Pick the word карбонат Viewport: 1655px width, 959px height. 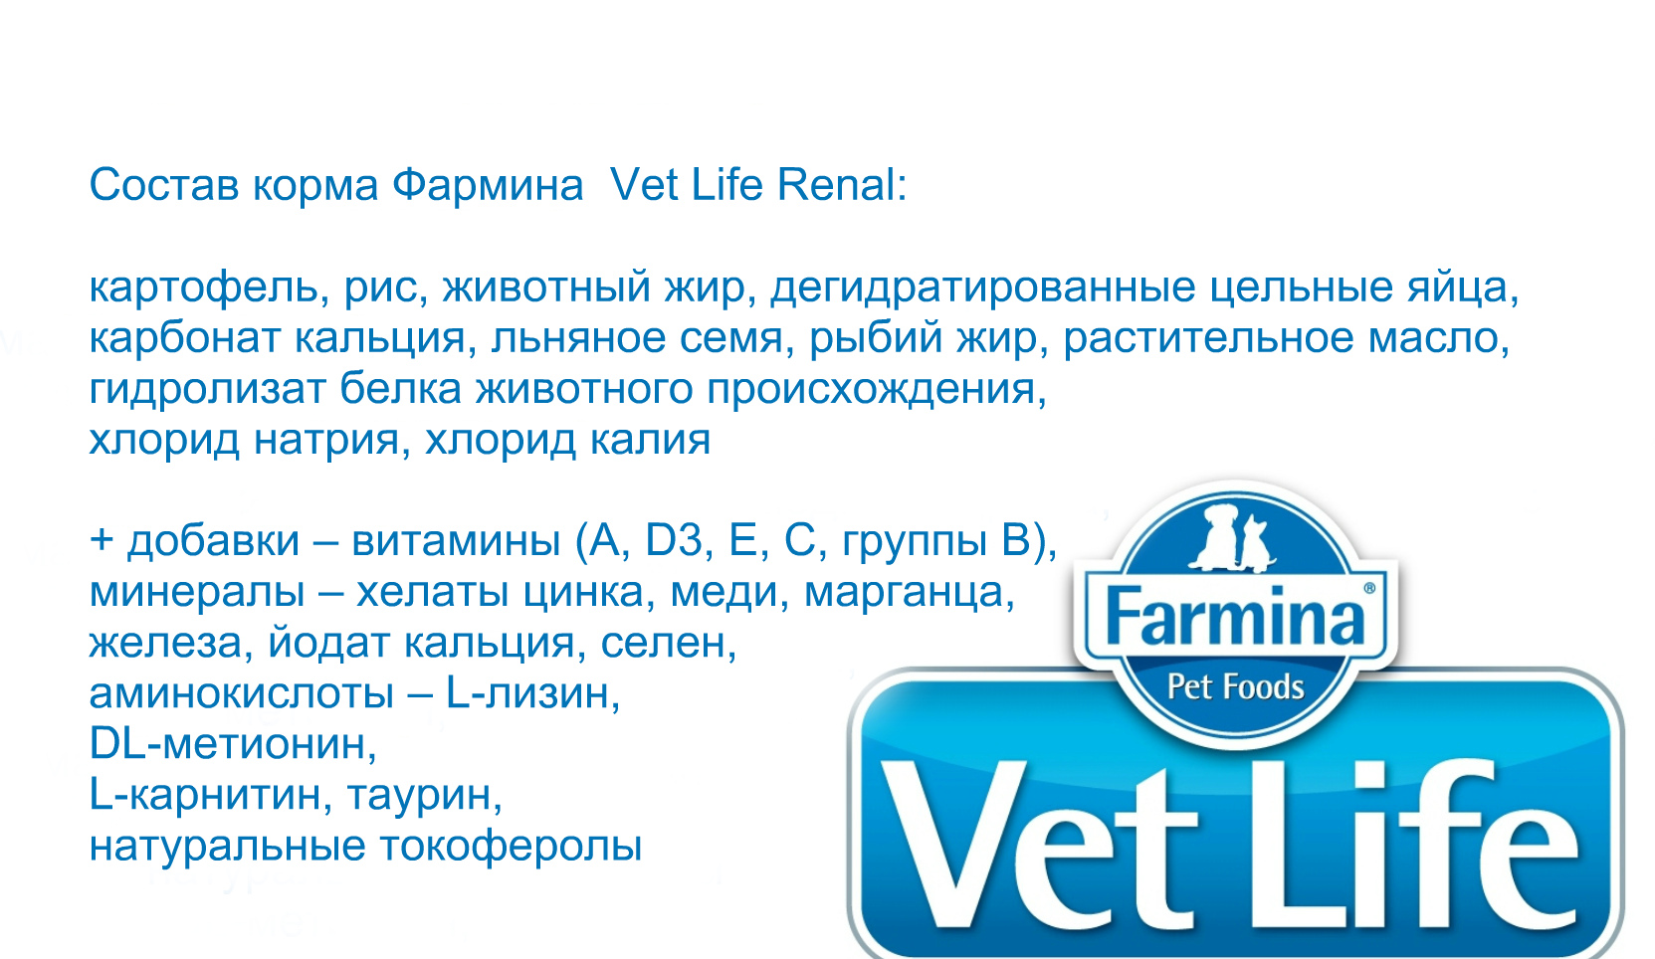pyautogui.click(x=185, y=337)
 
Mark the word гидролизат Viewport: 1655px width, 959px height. pyautogui.click(x=208, y=390)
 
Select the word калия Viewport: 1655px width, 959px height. pyautogui.click(x=650, y=441)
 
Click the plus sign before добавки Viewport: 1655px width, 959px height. pyautogui.click(x=102, y=539)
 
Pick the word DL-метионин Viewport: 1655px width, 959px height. pyautogui.click(x=233, y=743)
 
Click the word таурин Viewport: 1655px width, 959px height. pyautogui.click(x=424, y=796)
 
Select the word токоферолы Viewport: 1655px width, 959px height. pyautogui.click(x=511, y=847)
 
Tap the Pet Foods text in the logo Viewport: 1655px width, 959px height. pyautogui.click(x=1236, y=687)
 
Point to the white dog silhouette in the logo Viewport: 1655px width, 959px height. pyautogui.click(x=1217, y=536)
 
